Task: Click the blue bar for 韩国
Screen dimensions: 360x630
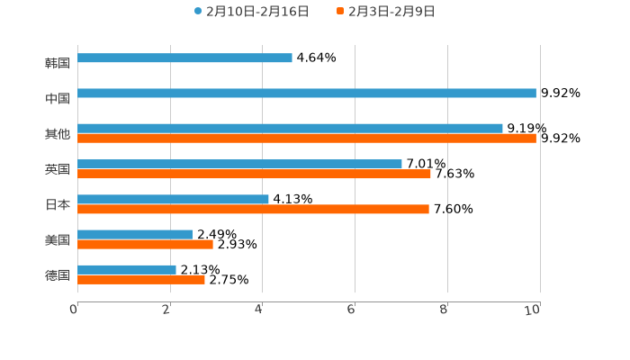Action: (184, 58)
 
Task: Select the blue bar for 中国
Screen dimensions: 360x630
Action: (307, 94)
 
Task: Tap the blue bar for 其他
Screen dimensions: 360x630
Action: (290, 129)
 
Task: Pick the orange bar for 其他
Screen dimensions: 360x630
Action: (307, 139)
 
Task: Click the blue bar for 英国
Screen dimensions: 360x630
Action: (239, 165)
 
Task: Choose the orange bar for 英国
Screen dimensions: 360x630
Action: (254, 175)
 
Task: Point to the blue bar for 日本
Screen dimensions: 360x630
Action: (173, 200)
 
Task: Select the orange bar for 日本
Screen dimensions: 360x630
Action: (253, 210)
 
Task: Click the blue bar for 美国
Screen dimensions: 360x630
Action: (135, 235)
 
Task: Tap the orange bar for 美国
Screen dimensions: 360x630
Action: (145, 245)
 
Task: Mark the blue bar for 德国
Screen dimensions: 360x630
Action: (127, 270)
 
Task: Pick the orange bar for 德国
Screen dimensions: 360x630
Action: (141, 280)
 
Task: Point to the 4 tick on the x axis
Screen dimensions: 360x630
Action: (259, 310)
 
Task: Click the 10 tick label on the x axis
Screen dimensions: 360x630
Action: (533, 310)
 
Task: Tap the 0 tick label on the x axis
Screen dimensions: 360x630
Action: (74, 310)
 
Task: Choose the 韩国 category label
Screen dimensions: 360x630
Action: (58, 64)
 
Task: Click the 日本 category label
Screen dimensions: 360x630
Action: (58, 205)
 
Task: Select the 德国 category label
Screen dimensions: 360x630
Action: (58, 275)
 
